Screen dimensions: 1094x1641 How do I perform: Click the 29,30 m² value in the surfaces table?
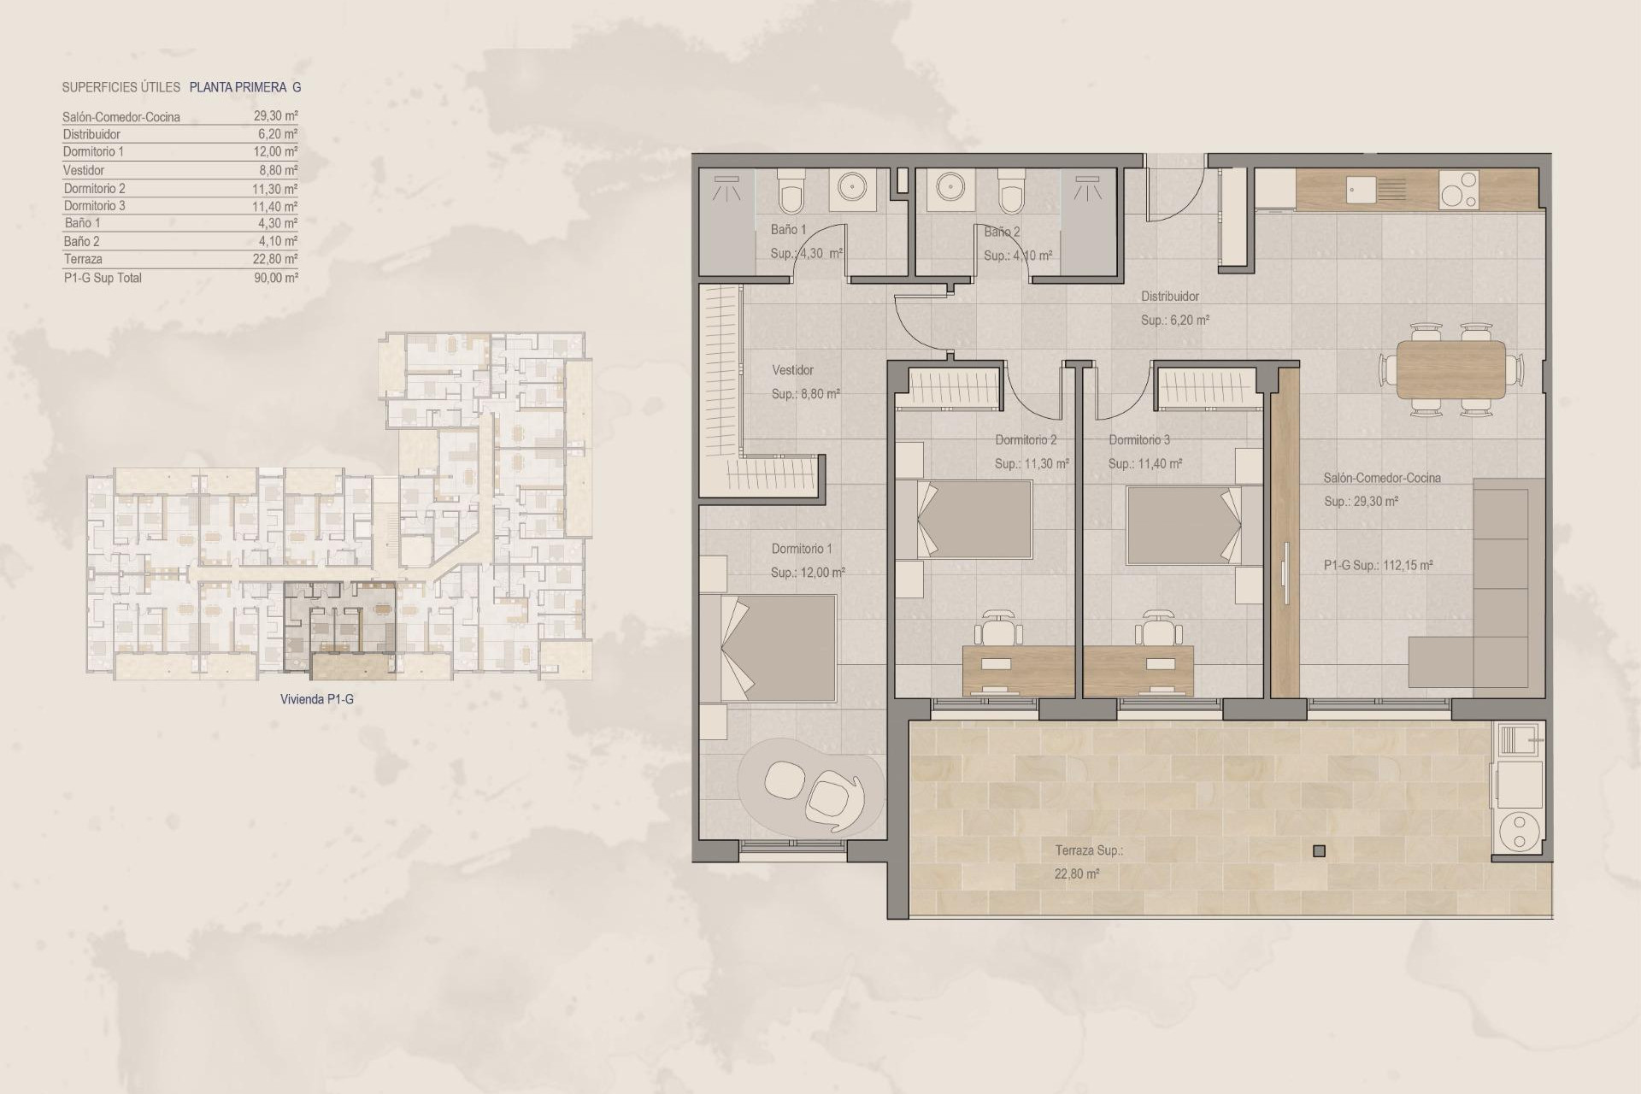[275, 115]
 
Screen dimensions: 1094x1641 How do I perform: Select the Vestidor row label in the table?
[84, 170]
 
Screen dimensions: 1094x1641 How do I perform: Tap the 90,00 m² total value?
[275, 278]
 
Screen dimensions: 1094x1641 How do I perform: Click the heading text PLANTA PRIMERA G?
[245, 87]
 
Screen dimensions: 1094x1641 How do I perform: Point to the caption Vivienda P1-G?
[316, 699]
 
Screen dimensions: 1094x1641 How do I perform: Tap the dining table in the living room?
[1450, 369]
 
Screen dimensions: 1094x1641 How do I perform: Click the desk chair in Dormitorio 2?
[1001, 631]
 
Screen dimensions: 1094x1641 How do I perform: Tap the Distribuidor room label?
[1170, 297]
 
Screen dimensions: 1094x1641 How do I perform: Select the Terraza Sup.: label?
[1089, 850]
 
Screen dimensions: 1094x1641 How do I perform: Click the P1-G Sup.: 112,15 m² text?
[1378, 565]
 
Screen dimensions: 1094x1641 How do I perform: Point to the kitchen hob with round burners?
[1459, 190]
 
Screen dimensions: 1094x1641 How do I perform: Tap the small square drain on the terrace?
[1319, 850]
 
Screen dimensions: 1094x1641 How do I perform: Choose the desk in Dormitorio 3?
[1138, 670]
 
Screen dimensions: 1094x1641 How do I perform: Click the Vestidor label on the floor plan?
[792, 370]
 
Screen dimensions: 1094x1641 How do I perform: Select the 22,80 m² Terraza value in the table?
[275, 259]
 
